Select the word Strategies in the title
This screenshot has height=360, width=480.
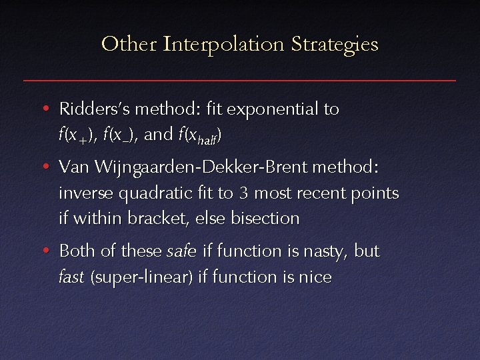coord(336,45)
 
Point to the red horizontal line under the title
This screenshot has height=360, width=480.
coord(240,80)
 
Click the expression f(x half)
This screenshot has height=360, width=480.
coord(200,135)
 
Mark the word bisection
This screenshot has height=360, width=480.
coord(265,219)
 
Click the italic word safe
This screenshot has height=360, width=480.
coord(181,251)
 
